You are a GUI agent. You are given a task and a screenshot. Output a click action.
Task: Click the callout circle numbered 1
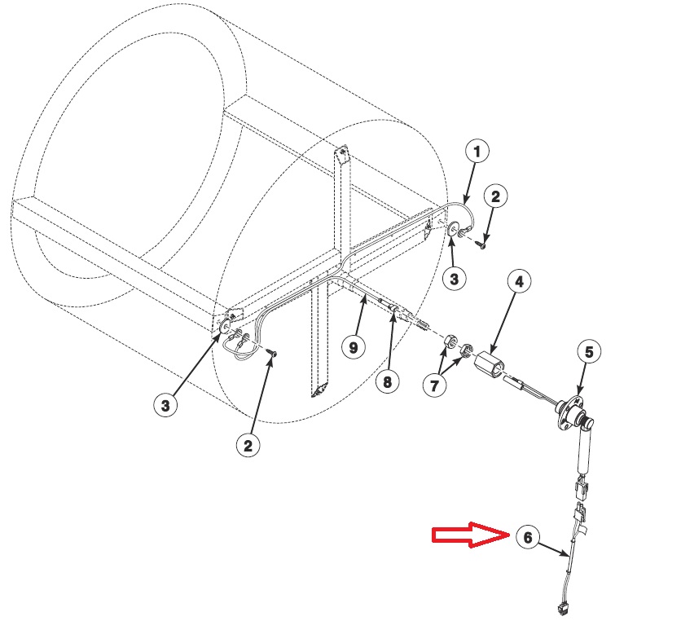click(x=477, y=151)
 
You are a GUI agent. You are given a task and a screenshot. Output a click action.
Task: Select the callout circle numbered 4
click(x=520, y=282)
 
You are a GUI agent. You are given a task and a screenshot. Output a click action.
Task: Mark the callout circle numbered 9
click(x=353, y=348)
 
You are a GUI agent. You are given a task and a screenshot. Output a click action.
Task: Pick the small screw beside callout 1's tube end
click(x=481, y=240)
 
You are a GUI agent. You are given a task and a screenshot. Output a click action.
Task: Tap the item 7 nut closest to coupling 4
click(x=467, y=352)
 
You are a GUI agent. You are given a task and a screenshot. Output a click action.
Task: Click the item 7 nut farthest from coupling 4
click(x=450, y=340)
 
